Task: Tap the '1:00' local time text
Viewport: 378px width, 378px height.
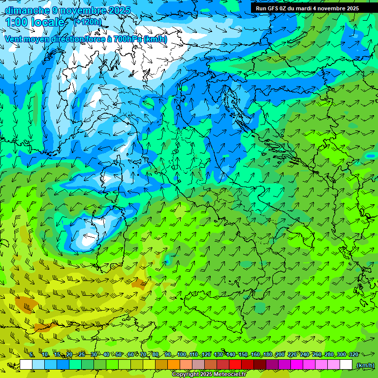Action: coord(16,22)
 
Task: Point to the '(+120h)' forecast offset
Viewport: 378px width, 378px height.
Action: coord(88,22)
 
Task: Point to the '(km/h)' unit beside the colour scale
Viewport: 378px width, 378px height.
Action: coord(365,365)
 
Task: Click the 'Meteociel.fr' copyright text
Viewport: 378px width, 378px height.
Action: coord(229,375)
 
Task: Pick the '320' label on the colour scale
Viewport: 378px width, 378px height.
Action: coord(353,354)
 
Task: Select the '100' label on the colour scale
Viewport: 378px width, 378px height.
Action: coord(182,354)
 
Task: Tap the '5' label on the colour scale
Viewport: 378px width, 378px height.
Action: coord(31,354)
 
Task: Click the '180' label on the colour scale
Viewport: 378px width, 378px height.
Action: coord(268,354)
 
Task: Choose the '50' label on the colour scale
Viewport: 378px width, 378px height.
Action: coord(119,354)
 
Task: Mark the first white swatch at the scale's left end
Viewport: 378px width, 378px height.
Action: coord(26,365)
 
